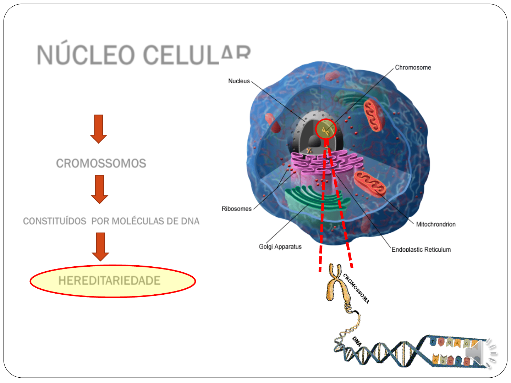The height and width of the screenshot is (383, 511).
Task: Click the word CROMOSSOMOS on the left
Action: [x=101, y=163]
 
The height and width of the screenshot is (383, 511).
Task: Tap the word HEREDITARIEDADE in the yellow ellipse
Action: [x=109, y=281]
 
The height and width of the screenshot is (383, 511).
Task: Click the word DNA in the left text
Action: [x=190, y=221]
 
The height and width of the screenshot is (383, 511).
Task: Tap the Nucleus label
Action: [x=239, y=81]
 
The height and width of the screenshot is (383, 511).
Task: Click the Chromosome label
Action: [x=413, y=68]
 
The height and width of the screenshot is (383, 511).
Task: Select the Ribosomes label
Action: [x=236, y=209]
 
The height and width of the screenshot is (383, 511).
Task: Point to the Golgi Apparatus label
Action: [x=280, y=247]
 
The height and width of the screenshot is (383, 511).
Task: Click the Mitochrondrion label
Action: [x=436, y=224]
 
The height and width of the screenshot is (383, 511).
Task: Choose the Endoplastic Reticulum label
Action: [x=421, y=250]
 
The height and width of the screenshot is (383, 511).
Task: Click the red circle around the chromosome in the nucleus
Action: [x=325, y=129]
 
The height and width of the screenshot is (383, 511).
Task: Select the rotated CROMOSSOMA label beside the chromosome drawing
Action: [x=356, y=288]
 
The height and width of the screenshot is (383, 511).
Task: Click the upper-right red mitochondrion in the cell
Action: [x=373, y=115]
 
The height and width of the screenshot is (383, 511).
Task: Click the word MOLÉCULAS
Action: [x=138, y=221]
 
